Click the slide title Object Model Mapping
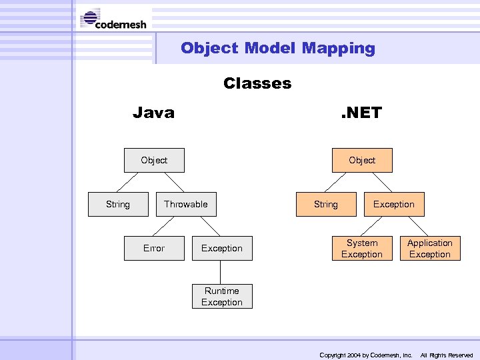[x=277, y=48]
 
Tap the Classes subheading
[x=257, y=83]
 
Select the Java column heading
[x=153, y=113]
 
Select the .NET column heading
[x=361, y=113]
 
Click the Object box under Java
[x=154, y=161]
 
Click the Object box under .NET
[x=362, y=161]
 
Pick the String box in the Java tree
[x=118, y=204]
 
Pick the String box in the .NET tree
[x=326, y=204]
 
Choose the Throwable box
[x=186, y=204]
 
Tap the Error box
[x=154, y=248]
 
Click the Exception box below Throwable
[x=222, y=248]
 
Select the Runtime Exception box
[x=222, y=297]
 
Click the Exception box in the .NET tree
[x=393, y=204]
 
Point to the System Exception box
[x=362, y=249]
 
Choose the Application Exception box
[x=430, y=249]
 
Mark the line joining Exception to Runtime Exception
[x=221, y=272]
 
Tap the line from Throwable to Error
[x=169, y=226]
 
